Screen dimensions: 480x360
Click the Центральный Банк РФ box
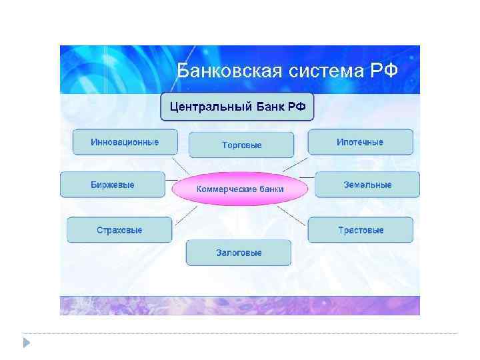(237, 106)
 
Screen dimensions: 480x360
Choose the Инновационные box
(125, 142)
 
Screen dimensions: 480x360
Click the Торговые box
(241, 145)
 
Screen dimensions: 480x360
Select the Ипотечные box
(360, 142)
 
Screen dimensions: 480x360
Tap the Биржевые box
(112, 185)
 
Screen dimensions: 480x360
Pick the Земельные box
(367, 185)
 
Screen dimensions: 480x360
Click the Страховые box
(119, 230)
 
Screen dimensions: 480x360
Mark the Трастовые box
(360, 230)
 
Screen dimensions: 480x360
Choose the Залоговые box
(239, 253)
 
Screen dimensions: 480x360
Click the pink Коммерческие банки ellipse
(240, 189)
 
